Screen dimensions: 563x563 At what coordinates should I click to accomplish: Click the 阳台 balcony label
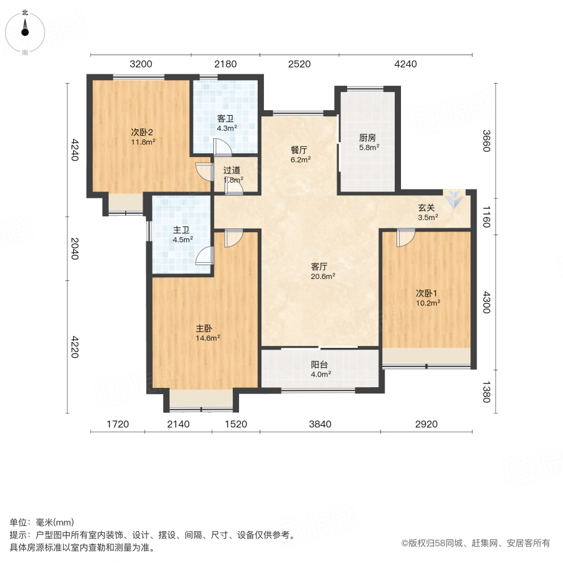321,365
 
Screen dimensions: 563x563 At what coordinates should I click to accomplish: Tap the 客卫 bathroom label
225,118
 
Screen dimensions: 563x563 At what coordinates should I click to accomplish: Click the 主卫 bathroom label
182,229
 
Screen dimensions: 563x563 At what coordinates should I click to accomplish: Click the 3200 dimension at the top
141,64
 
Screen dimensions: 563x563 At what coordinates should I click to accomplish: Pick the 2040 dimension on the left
75,249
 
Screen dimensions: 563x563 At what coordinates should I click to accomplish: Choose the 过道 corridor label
232,170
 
